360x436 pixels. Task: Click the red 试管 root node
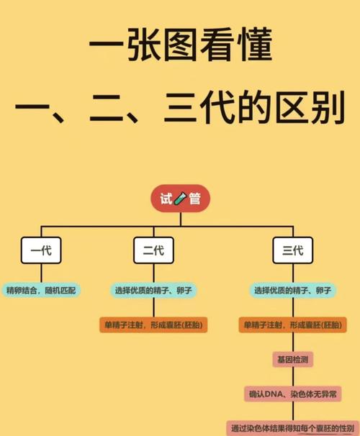[180, 199]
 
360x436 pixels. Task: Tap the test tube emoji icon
[180, 199]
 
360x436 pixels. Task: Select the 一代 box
[41, 250]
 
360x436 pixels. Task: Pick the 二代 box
[153, 250]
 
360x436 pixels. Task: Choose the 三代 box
[293, 250]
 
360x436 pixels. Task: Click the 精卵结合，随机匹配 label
[41, 291]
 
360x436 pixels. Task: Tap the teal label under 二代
[153, 291]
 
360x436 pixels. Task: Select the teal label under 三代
[293, 291]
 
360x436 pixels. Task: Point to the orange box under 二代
[153, 324]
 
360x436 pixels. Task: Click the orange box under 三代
[293, 324]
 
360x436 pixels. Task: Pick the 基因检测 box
[293, 360]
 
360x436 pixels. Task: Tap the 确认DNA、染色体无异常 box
[293, 394]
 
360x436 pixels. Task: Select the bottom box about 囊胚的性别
[293, 428]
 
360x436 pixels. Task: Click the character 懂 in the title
[254, 45]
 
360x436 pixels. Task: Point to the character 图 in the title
[180, 45]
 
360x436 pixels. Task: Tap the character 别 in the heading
[328, 108]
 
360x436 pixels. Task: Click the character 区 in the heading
[292, 108]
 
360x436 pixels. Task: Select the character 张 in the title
[143, 45]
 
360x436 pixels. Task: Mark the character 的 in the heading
[255, 108]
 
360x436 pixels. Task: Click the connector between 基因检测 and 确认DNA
[293, 376]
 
